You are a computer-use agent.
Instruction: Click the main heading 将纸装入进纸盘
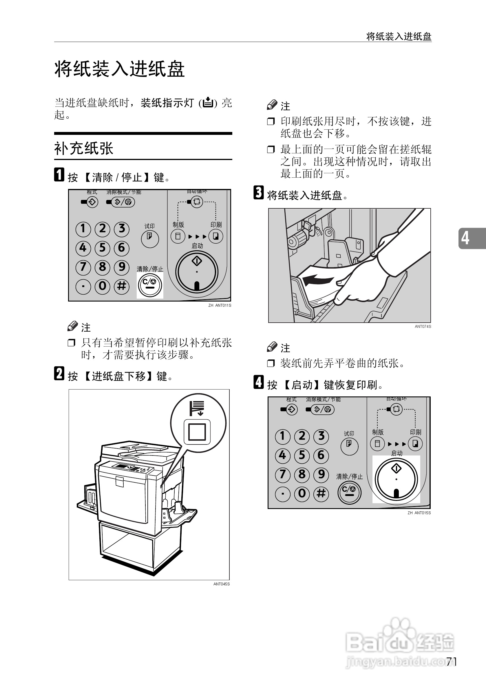119,69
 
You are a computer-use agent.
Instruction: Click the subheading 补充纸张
83,148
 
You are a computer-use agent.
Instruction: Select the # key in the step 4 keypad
321,493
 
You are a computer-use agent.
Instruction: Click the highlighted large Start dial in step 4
396,479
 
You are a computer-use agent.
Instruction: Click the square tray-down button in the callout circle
197,432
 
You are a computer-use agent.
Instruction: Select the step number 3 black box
258,193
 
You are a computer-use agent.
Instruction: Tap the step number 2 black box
59,374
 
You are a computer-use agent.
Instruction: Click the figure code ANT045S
221,584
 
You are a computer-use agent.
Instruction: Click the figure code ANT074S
423,326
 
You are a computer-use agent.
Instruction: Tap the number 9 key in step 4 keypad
321,474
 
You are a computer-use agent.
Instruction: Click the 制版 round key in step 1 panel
178,236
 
